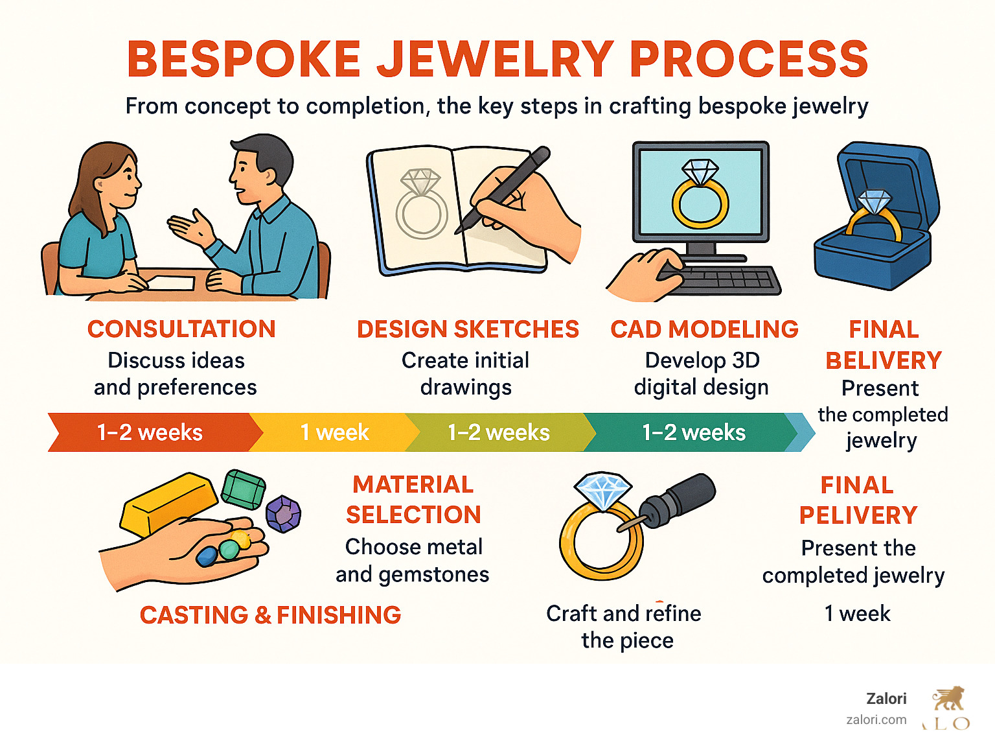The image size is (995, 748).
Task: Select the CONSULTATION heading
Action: click(x=181, y=329)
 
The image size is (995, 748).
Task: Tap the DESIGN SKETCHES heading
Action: click(x=468, y=329)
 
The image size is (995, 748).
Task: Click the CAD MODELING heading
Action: click(x=704, y=329)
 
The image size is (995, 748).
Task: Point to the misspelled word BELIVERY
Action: click(x=884, y=360)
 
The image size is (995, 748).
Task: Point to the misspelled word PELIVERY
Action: click(x=858, y=515)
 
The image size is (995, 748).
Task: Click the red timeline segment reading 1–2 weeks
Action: click(x=150, y=432)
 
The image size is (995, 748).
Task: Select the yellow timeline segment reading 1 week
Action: click(x=334, y=432)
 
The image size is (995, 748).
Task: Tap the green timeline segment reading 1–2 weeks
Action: click(x=693, y=432)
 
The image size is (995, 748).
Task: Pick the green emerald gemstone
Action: click(x=243, y=490)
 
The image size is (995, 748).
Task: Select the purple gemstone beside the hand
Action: click(x=283, y=514)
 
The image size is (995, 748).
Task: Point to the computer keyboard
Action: click(x=726, y=281)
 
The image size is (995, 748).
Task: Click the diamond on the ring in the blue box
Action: click(x=874, y=201)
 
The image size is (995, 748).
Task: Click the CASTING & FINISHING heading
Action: click(x=270, y=615)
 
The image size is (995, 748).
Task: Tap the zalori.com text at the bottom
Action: click(x=876, y=719)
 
